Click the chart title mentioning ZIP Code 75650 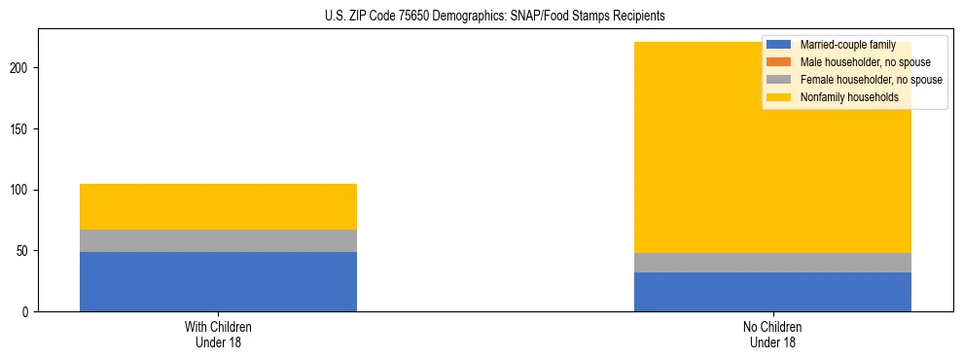point(481,16)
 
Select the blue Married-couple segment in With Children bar point(218,281)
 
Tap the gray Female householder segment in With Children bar point(218,240)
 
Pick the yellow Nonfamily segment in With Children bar point(218,206)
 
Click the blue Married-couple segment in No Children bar point(772,292)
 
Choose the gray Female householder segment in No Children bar point(772,263)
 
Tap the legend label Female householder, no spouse point(871,80)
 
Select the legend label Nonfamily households point(849,97)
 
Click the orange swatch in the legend point(779,62)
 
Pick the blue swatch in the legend point(779,45)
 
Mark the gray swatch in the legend point(779,80)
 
